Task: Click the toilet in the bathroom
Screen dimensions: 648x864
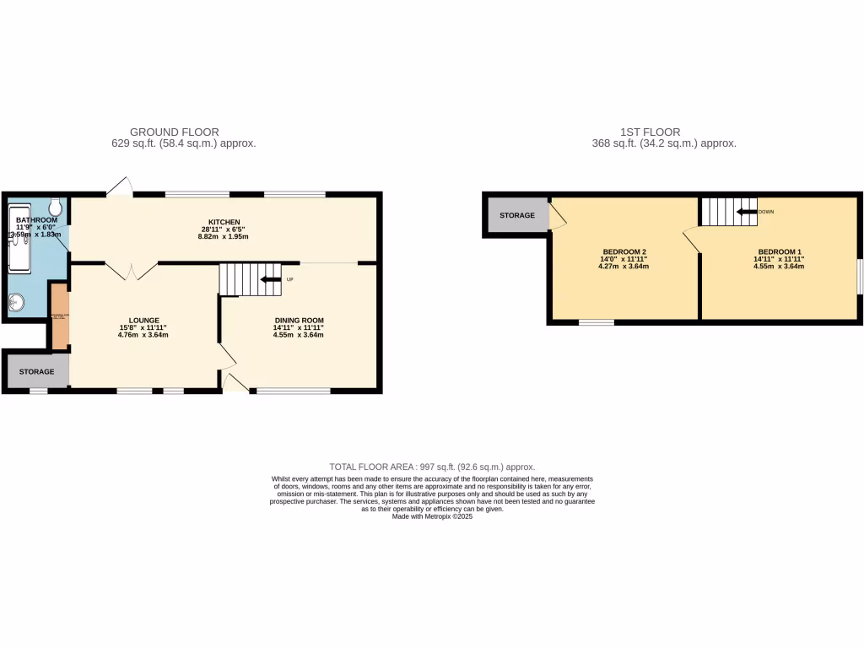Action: tap(57, 206)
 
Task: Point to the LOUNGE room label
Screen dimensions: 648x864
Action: tap(145, 321)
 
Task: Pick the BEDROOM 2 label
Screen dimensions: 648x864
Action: tap(624, 251)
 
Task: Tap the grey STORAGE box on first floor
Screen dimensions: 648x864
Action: tap(516, 216)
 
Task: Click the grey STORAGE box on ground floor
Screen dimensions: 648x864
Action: tap(36, 371)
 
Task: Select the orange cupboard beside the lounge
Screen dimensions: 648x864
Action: tap(59, 316)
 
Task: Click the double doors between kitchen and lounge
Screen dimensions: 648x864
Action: tap(131, 271)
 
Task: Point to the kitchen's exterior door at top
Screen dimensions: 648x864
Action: tap(121, 187)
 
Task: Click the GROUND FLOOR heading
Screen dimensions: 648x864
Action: tap(174, 132)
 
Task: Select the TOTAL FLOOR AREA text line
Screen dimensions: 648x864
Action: tap(432, 467)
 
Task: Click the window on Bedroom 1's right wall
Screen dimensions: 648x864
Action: tap(860, 277)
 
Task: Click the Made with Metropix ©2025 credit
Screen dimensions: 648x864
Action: tap(432, 516)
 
